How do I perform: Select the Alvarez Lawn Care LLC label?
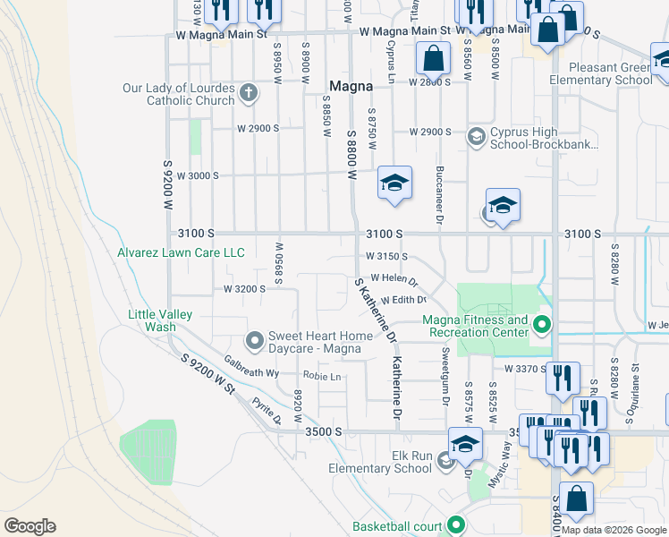pos(181,253)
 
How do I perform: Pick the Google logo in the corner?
pos(30,526)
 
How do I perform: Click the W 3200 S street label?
pos(244,289)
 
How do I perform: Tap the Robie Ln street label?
pos(322,377)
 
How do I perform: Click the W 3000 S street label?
pos(198,175)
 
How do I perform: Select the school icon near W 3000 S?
pos(394,183)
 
